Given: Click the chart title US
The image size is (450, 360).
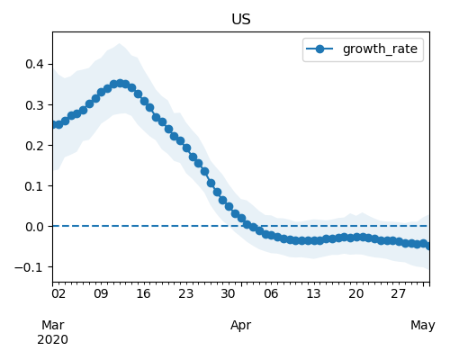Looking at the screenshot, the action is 241,20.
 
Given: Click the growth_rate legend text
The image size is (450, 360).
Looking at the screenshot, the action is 380,49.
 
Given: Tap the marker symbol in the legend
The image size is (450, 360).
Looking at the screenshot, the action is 319,49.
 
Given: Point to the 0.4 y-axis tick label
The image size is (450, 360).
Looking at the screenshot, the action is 35,64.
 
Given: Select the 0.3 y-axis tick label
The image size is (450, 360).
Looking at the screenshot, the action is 35,105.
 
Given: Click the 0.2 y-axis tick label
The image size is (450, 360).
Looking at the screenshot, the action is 35,146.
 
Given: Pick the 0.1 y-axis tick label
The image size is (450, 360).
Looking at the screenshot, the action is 35,186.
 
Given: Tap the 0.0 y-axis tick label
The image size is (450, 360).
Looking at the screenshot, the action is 35,227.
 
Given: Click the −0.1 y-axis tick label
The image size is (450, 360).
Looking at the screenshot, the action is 30,267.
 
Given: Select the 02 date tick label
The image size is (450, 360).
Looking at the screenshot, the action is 58,293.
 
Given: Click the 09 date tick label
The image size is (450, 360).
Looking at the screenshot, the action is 101,293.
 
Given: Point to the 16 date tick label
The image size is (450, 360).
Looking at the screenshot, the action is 143,293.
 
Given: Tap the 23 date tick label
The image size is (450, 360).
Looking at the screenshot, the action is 185,293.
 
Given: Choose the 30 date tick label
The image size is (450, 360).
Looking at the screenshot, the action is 228,293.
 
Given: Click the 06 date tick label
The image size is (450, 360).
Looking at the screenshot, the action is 271,293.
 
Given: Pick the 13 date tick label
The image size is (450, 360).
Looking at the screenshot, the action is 313,293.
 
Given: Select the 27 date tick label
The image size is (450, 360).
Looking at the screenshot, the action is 398,293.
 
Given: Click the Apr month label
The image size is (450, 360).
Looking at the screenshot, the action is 240,326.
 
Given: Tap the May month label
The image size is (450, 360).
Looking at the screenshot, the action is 423,326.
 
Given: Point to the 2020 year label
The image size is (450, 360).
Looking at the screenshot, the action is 52,340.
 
